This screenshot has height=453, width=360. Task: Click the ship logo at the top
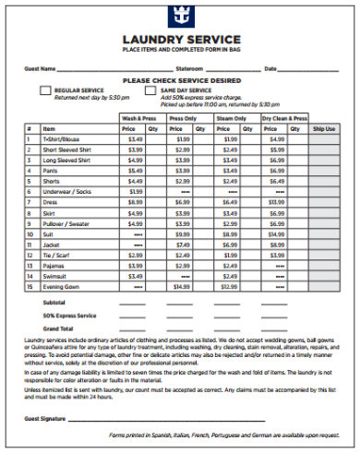[181, 16]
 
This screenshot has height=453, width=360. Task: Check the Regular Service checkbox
[46, 90]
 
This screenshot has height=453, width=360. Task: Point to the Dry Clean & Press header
[283, 118]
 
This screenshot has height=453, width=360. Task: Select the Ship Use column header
[324, 129]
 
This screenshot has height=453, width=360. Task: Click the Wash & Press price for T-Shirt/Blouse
[135, 138]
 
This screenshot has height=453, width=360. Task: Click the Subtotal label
[54, 302]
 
